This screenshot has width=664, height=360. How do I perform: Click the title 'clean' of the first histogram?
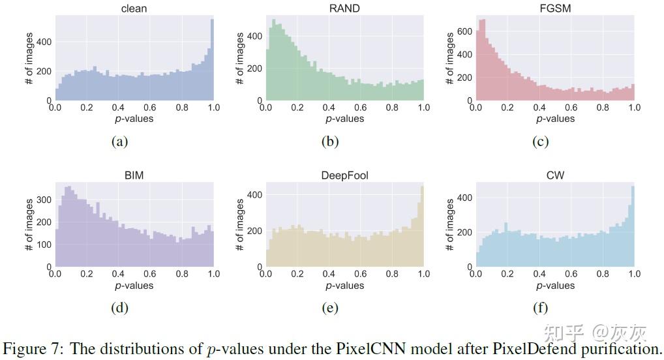[134, 8]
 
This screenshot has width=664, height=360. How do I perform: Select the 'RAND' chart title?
[344, 8]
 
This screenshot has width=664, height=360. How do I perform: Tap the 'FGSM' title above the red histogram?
[555, 8]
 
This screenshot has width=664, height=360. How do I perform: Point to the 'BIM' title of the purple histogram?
[134, 175]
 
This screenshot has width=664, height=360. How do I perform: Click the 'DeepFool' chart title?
[344, 175]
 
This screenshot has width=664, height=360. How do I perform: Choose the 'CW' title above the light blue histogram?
[555, 175]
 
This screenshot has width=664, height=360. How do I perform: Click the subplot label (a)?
[119, 141]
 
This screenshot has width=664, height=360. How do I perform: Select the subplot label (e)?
[330, 308]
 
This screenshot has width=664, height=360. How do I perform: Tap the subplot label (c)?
[541, 141]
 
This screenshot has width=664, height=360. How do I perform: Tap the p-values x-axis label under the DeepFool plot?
[344, 286]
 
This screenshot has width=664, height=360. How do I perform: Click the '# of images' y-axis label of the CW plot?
[450, 225]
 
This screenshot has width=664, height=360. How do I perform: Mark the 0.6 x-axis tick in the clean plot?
[150, 108]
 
